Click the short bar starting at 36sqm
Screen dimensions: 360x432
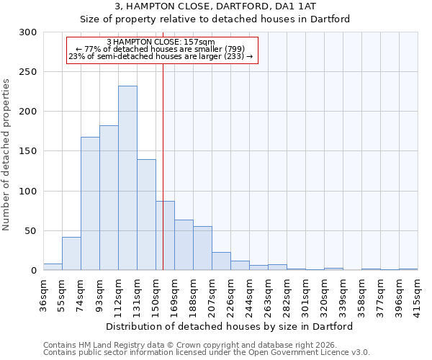[x=53, y=267]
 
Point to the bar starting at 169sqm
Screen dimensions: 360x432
[x=184, y=245]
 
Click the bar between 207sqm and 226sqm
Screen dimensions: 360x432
[x=221, y=261]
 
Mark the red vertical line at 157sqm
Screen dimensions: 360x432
[x=163, y=144]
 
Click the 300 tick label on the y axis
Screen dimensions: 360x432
[x=28, y=32]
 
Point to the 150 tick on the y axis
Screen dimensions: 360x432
[x=28, y=151]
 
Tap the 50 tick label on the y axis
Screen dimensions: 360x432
[x=31, y=231]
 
